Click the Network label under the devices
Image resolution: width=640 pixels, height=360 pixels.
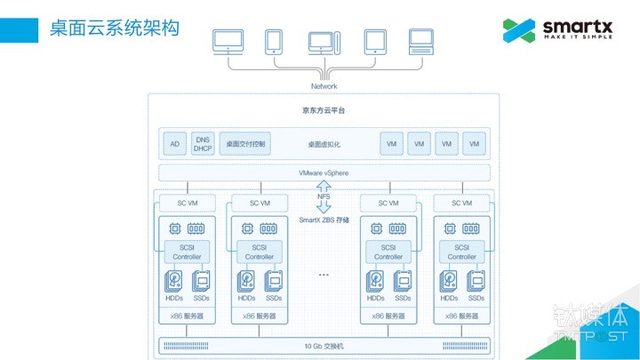tap(324, 86)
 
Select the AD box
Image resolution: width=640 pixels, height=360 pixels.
tap(174, 143)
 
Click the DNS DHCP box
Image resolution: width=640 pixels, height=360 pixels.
tap(203, 143)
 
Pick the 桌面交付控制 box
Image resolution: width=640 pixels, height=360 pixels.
tap(245, 143)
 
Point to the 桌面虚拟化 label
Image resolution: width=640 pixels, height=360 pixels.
tap(324, 143)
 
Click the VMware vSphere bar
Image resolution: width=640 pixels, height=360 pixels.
tap(324, 172)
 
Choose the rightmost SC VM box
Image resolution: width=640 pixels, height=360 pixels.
tap(461, 203)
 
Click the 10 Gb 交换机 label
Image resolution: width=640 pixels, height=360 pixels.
tap(324, 345)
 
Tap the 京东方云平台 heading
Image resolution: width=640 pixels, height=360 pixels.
tap(324, 110)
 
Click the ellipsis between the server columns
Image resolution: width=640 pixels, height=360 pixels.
tap(324, 276)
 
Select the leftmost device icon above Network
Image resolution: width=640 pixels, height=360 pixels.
tap(229, 41)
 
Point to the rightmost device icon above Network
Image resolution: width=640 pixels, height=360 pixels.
tap(420, 41)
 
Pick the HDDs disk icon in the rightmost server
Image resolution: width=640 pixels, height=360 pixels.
tap(449, 281)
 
